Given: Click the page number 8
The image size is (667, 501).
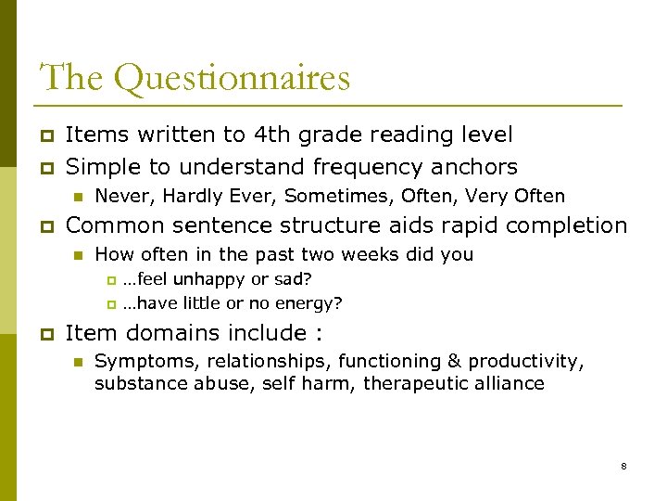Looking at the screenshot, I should click(x=623, y=466).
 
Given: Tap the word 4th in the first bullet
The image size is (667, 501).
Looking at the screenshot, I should click(x=273, y=135).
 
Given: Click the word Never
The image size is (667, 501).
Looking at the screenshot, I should click(x=120, y=196).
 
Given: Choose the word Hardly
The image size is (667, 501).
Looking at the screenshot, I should click(x=184, y=196).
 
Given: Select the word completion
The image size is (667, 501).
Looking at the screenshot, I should click(x=569, y=225).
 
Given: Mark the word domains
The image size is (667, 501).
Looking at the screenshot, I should click(x=167, y=332).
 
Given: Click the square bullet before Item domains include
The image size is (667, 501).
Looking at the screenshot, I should click(x=45, y=333).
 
